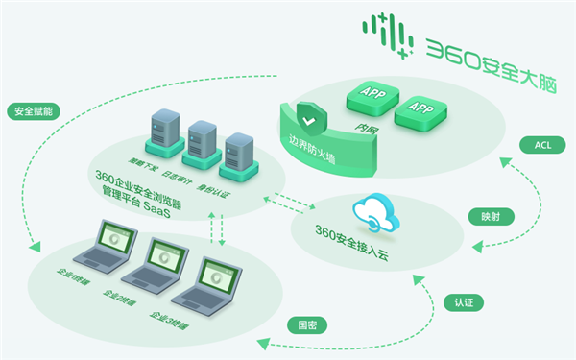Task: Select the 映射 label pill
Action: [490, 216]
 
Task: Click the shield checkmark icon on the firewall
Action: [306, 123]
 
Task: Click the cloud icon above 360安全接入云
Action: [371, 212]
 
